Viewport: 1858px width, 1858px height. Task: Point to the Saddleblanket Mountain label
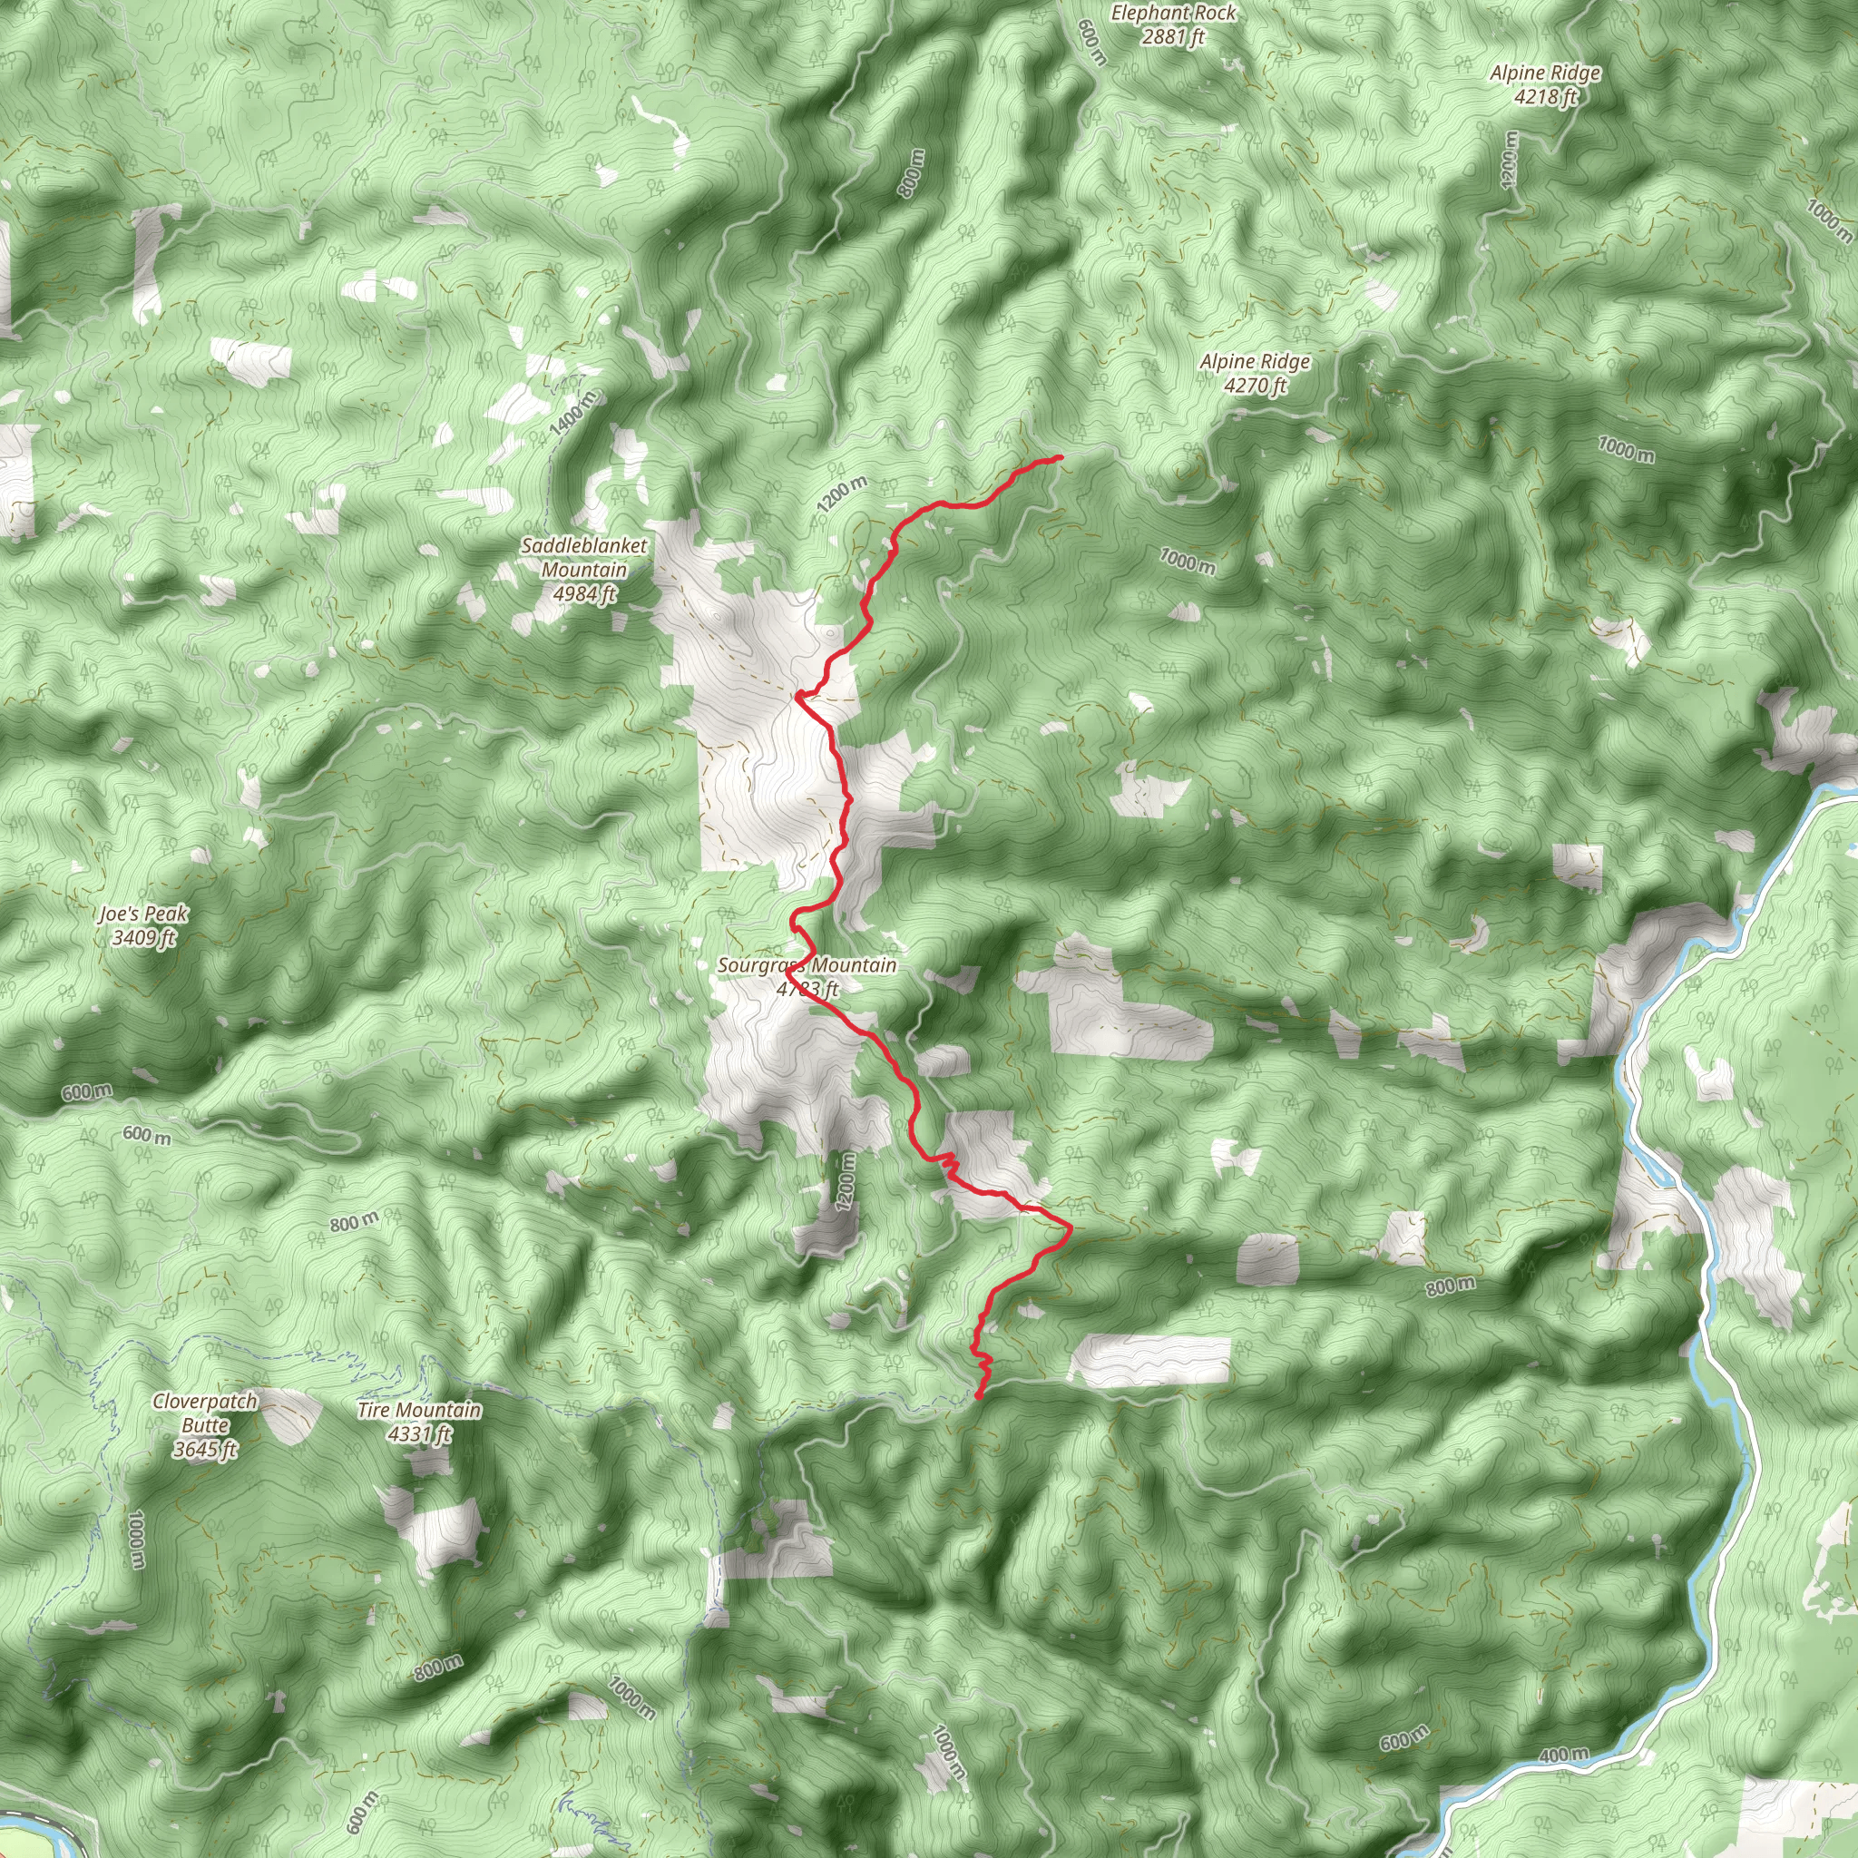tap(583, 558)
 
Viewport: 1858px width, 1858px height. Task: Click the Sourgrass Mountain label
tap(807, 965)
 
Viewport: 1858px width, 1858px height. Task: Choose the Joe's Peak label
tap(143, 914)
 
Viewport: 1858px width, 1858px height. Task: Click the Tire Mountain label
tap(418, 1410)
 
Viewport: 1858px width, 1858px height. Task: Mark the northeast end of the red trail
tap(1059, 458)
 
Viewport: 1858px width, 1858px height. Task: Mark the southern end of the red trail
tap(978, 1395)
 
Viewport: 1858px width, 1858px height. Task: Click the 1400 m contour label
tap(574, 414)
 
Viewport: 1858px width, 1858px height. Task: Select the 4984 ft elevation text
tap(583, 594)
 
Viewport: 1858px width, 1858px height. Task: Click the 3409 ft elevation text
tap(143, 938)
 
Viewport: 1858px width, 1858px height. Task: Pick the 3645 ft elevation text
tap(205, 1449)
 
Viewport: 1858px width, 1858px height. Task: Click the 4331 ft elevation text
tap(418, 1434)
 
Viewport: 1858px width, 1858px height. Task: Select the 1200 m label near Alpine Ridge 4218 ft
tap(1510, 159)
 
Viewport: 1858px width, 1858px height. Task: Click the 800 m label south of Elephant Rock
tap(912, 173)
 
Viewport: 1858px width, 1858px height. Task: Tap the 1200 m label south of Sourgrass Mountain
tap(846, 1182)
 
